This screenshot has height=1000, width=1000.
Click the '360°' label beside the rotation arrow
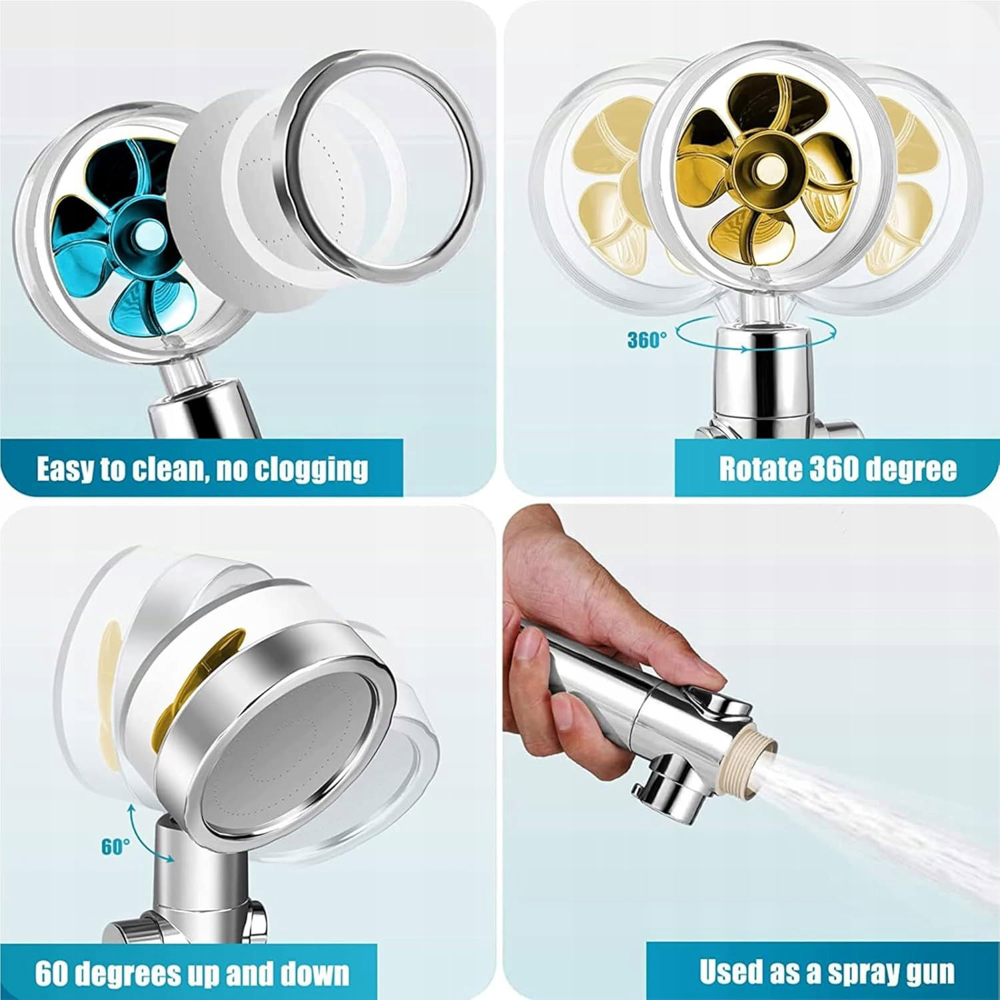pyautogui.click(x=646, y=340)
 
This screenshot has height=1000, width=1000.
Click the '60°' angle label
pyautogui.click(x=116, y=847)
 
